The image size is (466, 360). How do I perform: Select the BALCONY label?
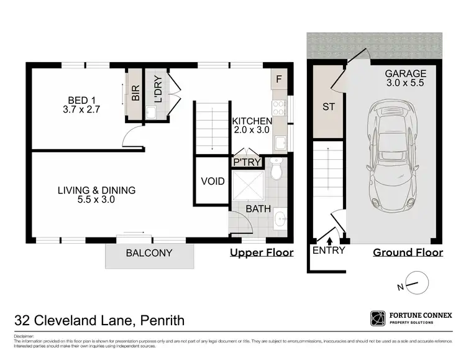tap(149, 253)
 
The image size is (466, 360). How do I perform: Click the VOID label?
tap(212, 182)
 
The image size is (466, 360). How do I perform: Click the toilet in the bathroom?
tap(277, 167)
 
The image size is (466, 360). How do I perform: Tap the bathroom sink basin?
tap(280, 218)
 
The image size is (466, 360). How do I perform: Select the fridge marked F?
tap(279, 80)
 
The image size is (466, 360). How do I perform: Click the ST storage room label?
tap(329, 107)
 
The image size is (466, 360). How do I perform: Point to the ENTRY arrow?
tap(329, 238)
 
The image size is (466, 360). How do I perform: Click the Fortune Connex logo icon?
tap(378, 318)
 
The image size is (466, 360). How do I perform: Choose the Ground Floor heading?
tap(408, 252)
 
